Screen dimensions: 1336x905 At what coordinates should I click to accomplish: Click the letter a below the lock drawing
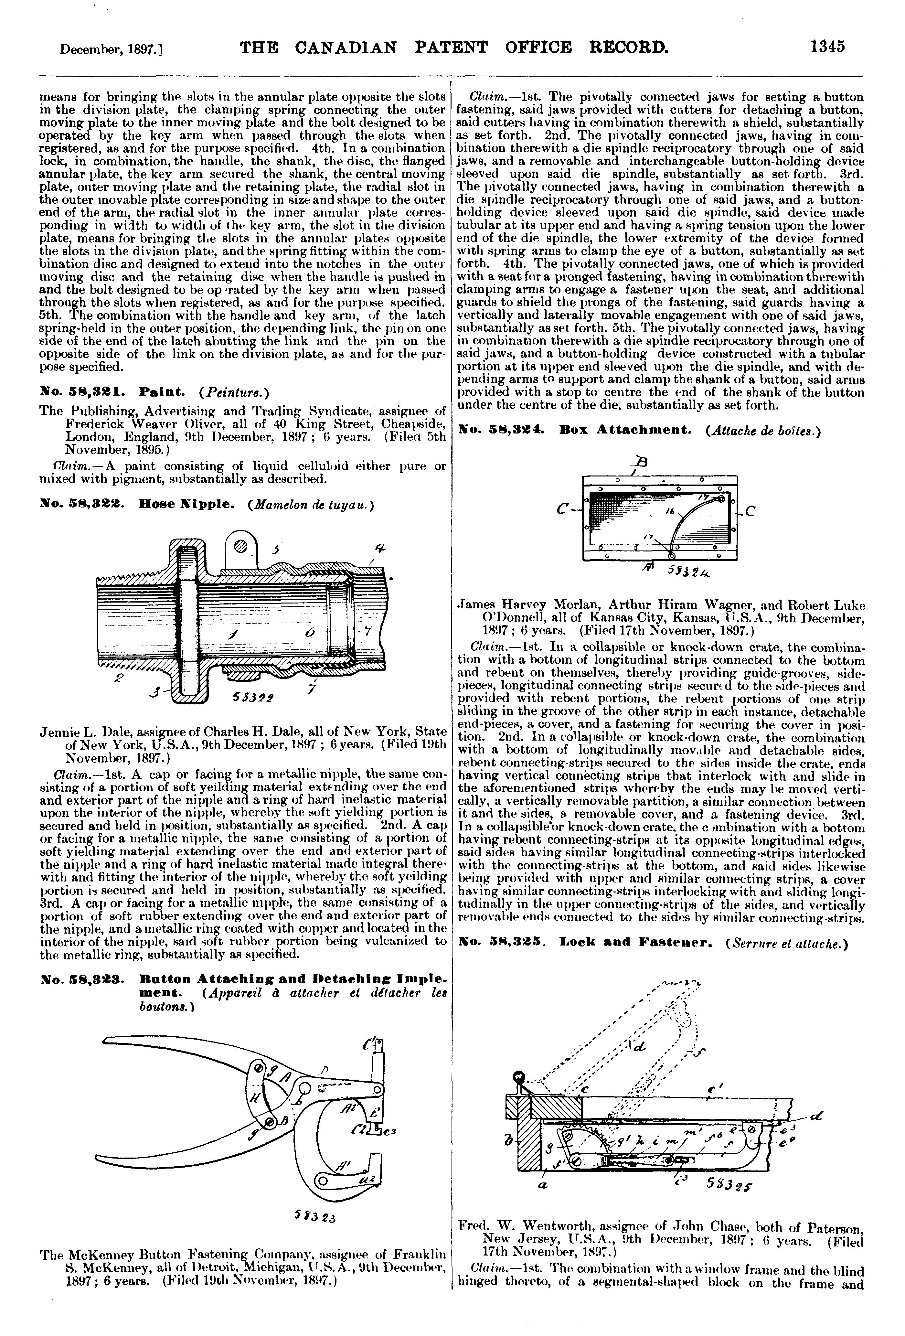tap(542, 1185)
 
